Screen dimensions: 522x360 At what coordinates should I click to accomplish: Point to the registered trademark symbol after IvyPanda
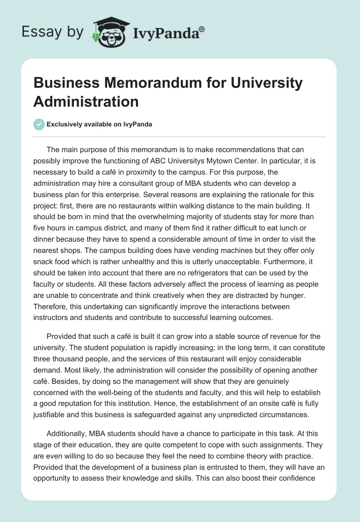click(202, 29)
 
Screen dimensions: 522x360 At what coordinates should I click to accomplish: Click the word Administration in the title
click(86, 101)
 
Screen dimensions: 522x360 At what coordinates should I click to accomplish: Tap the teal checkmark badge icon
click(39, 124)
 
